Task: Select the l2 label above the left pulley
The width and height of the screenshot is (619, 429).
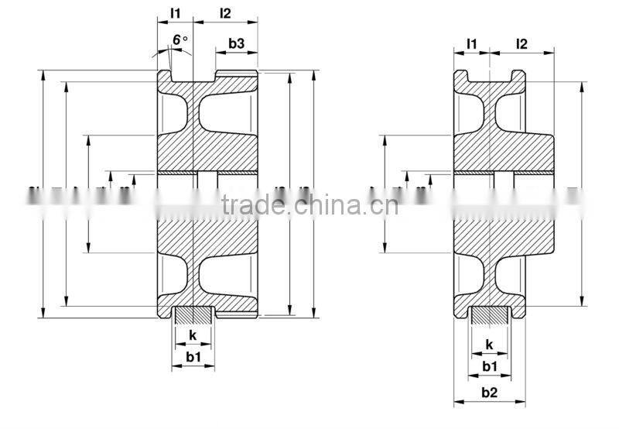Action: click(225, 13)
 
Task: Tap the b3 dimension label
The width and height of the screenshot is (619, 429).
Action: click(237, 44)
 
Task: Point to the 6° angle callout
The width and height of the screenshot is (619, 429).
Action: click(180, 39)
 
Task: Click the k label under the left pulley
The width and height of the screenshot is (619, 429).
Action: click(192, 335)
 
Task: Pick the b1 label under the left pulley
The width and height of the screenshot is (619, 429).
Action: click(193, 357)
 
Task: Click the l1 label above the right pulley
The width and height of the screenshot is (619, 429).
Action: click(471, 44)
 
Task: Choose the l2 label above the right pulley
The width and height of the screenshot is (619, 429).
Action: click(522, 44)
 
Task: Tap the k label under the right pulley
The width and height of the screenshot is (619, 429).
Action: click(489, 345)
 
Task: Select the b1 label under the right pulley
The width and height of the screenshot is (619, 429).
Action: click(489, 366)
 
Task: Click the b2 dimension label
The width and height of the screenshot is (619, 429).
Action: click(489, 393)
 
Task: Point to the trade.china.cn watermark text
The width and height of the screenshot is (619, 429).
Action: click(309, 205)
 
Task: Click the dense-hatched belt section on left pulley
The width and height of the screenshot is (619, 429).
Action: click(193, 315)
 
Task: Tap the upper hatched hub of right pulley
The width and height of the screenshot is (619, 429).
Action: click(503, 151)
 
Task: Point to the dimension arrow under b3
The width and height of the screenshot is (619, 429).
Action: click(237, 55)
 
